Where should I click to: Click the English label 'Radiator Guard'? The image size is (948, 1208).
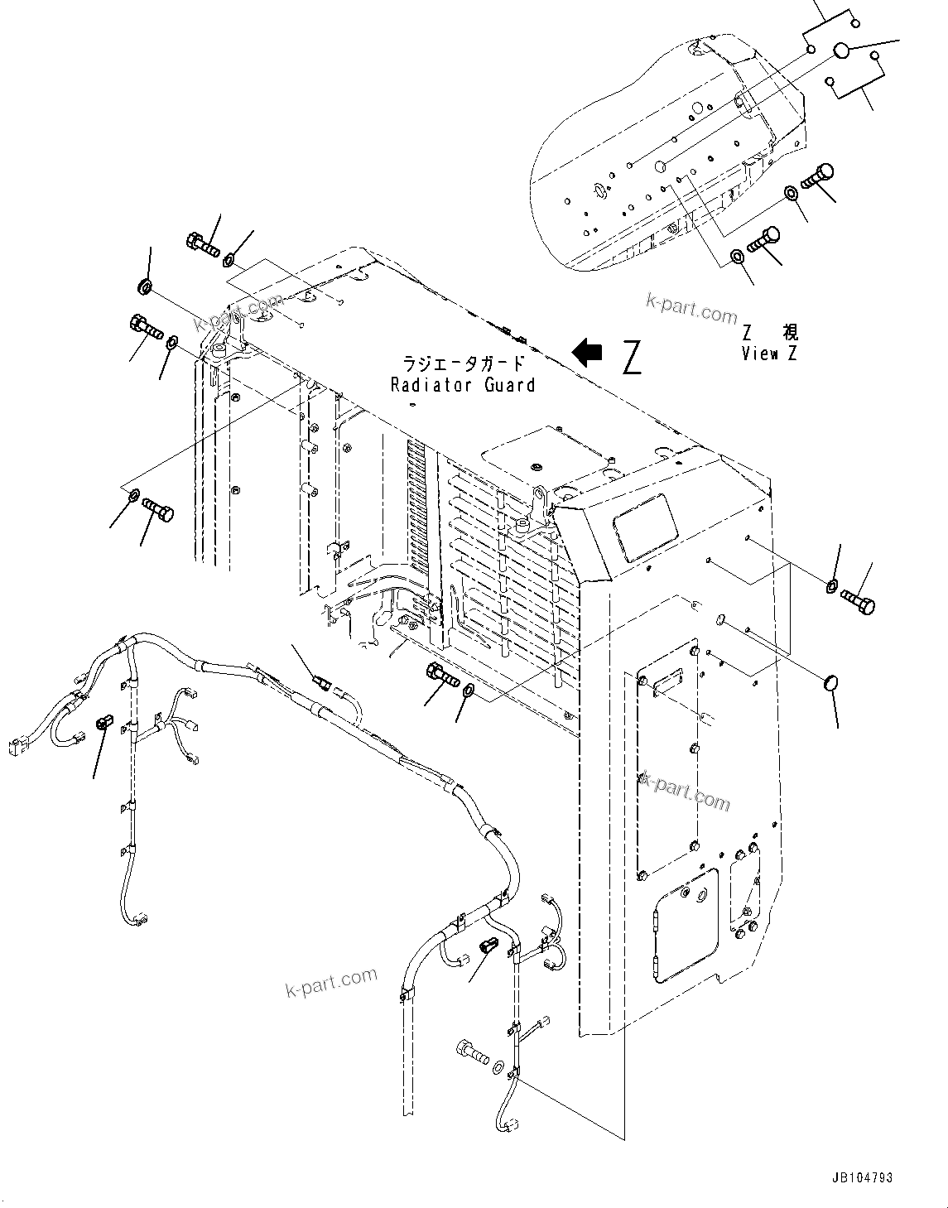pos(463,385)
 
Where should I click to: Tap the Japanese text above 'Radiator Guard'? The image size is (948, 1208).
pos(463,363)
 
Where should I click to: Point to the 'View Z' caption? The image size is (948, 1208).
pos(771,354)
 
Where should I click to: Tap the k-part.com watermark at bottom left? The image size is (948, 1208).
pos(330,983)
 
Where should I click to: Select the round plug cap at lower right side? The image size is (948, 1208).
pos(831,681)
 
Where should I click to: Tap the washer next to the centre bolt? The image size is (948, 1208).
pos(469,690)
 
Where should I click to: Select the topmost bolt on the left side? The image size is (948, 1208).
pos(202,243)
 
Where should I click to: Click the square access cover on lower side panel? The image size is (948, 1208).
pos(684,922)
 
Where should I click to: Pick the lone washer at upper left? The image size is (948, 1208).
pos(144,287)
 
